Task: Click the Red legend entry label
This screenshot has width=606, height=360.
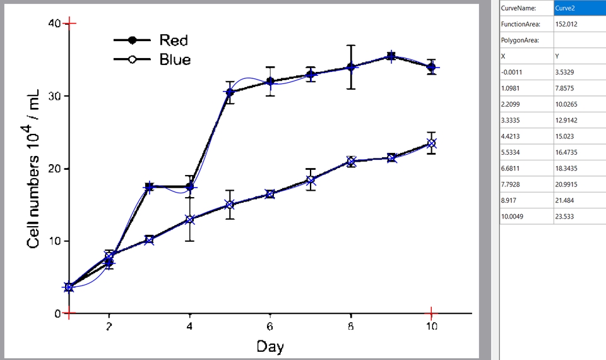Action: (173, 40)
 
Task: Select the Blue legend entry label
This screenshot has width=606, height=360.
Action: (175, 60)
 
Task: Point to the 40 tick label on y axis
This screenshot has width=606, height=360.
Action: (54, 23)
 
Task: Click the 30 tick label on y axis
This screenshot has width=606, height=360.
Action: (54, 96)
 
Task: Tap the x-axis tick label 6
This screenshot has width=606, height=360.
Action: (270, 327)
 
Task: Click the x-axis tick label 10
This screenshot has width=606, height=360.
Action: (431, 327)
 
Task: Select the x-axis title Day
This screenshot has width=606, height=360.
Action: (270, 346)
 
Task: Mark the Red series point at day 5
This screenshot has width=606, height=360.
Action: (230, 92)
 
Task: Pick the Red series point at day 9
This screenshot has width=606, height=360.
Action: (391, 57)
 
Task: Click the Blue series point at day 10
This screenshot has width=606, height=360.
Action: (431, 143)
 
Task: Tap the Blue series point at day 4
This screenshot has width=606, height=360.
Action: (189, 220)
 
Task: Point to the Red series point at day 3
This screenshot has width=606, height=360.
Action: (149, 187)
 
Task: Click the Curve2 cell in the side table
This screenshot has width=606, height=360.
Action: (579, 8)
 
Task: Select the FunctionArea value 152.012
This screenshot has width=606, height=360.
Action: (567, 25)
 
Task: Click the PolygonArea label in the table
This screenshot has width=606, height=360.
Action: (520, 40)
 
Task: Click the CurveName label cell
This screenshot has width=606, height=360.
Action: (518, 8)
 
